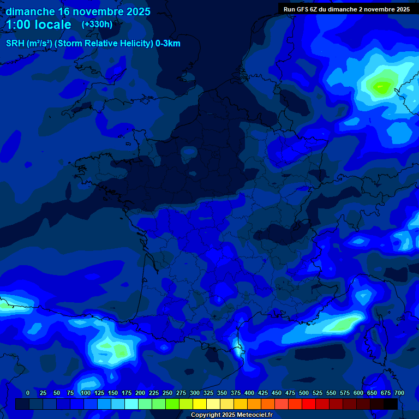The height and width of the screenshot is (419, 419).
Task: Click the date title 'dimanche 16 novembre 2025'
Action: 78,11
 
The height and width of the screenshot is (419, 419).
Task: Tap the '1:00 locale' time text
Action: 39,25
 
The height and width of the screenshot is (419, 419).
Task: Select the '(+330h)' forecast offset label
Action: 97,24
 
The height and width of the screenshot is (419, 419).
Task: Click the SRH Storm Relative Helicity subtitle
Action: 93,44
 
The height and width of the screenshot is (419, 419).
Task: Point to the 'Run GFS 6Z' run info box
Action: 347,9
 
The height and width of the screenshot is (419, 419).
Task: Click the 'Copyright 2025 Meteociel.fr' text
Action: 231,415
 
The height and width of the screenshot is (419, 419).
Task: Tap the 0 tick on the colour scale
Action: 28,393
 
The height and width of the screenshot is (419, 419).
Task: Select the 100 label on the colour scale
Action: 86,393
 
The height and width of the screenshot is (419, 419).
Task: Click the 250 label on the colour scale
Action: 167,393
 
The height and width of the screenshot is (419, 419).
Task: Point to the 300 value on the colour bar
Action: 195,393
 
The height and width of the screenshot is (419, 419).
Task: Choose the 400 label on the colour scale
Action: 249,393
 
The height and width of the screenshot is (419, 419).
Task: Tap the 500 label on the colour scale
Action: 304,393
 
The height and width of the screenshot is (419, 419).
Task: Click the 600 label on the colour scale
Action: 358,393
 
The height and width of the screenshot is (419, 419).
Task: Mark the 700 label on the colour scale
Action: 399,393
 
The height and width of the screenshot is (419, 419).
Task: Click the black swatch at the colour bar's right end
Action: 391,404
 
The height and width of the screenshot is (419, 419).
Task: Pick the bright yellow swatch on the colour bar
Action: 200,404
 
